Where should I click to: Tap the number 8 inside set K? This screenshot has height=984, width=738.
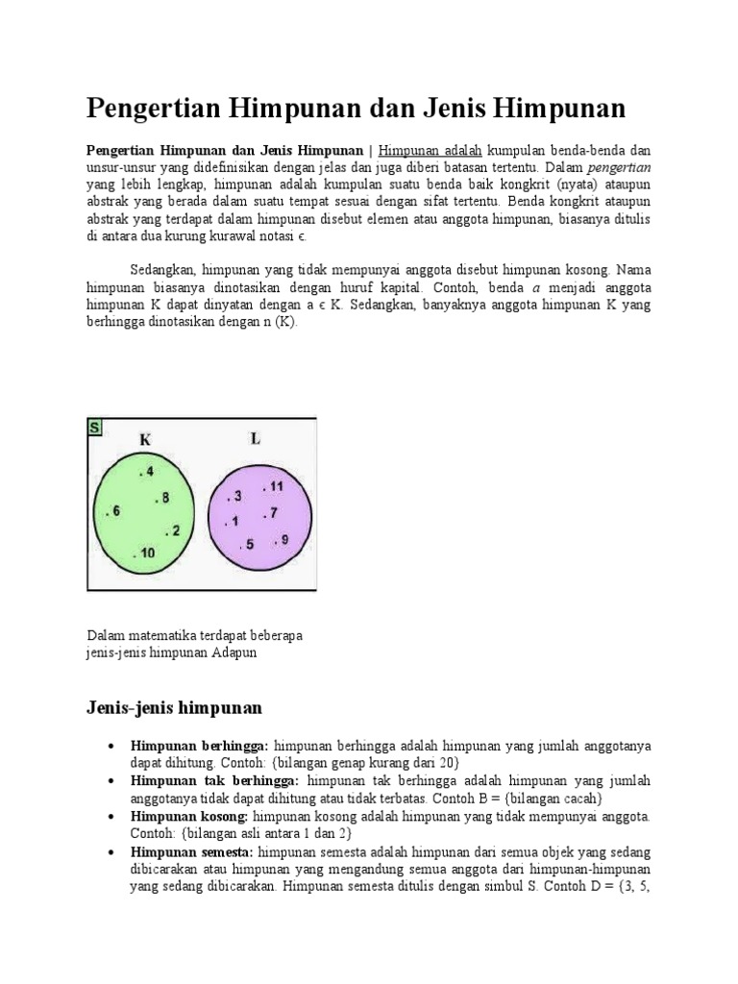pyautogui.click(x=164, y=498)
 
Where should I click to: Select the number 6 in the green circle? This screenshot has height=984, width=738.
pyautogui.click(x=114, y=512)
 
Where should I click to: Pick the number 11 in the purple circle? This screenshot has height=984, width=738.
pyautogui.click(x=275, y=486)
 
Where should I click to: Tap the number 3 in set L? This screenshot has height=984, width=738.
pyautogui.click(x=234, y=497)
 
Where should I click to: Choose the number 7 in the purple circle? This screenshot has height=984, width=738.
pyautogui.click(x=273, y=513)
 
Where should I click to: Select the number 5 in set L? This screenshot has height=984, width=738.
pyautogui.click(x=249, y=545)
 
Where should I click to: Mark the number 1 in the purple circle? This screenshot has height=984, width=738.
pyautogui.click(x=232, y=523)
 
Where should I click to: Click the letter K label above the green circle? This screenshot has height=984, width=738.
pyautogui.click(x=145, y=439)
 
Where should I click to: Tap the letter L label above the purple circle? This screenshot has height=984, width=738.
pyautogui.click(x=255, y=438)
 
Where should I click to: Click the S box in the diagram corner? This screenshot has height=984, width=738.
pyautogui.click(x=95, y=427)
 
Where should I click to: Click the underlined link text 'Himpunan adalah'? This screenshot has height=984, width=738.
pyautogui.click(x=430, y=151)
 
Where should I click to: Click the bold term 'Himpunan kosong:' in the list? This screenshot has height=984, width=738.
pyautogui.click(x=189, y=815)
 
